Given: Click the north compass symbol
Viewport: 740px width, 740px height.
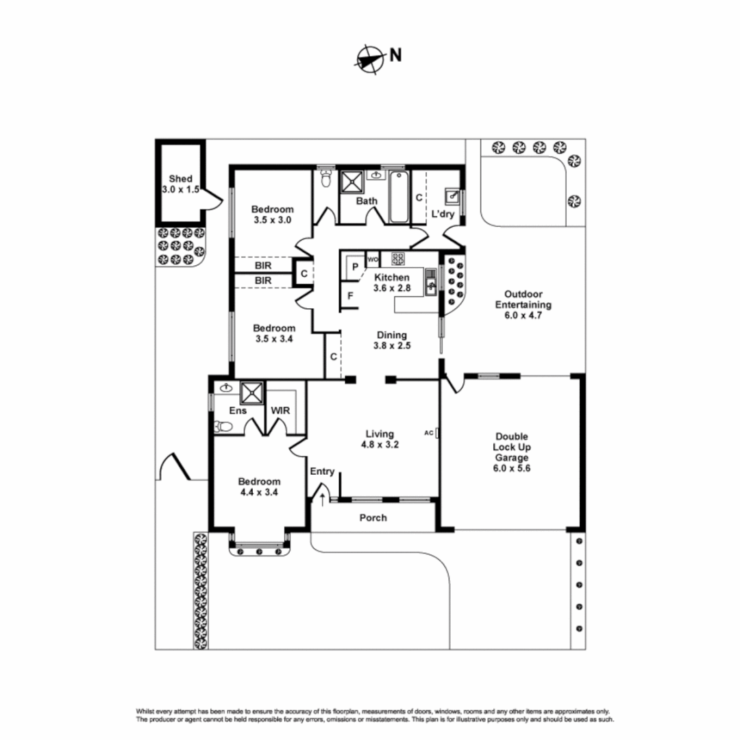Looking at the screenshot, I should (369, 58).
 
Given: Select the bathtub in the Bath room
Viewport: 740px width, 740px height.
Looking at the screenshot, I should (399, 198).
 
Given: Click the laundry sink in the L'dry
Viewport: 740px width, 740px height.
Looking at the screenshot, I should (452, 196).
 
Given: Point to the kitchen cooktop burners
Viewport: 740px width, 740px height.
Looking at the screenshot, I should (398, 258).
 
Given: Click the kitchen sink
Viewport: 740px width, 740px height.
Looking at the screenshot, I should (430, 280).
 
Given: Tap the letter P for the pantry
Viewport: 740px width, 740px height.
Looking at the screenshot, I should (356, 266).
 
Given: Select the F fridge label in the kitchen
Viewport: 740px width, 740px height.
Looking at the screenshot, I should (350, 297).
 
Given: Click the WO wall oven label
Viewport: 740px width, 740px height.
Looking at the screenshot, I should (373, 260).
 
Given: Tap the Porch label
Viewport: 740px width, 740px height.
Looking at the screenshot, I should (373, 517).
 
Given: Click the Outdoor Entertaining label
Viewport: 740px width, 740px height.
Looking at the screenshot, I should (523, 306).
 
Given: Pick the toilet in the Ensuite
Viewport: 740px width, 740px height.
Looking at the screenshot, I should (223, 427).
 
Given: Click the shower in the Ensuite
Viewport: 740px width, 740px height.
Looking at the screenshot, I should (251, 393).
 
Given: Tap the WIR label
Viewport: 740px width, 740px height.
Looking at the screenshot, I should (280, 410).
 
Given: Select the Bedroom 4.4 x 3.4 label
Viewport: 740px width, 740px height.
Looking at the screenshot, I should (259, 486).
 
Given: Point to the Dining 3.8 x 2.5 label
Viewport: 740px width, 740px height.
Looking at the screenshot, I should (391, 341).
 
